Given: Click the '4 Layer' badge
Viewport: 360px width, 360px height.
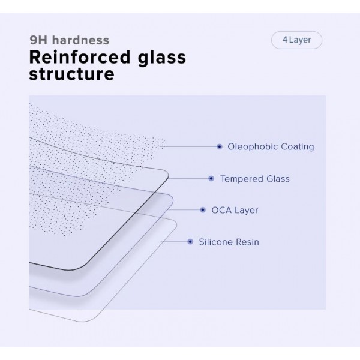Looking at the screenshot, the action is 296,40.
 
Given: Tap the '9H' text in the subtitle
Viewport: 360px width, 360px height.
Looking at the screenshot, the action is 38,40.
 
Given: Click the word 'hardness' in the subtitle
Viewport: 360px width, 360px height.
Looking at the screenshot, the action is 80,40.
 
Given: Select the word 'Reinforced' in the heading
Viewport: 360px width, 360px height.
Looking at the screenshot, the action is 80,57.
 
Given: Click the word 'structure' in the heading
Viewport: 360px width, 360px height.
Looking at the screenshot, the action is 71,74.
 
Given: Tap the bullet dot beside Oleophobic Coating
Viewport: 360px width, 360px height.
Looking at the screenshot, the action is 220,146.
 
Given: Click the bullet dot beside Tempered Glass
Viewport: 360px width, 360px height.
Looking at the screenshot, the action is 211,178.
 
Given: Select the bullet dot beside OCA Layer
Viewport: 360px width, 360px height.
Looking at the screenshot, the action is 203,210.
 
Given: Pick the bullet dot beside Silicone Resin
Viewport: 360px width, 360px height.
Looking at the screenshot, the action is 190,242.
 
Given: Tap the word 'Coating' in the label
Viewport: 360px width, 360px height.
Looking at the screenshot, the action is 298,147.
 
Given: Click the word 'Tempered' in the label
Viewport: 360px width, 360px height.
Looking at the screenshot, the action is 241,179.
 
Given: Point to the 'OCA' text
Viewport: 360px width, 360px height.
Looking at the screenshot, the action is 221,210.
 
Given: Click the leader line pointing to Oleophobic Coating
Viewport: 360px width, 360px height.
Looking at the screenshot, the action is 189,146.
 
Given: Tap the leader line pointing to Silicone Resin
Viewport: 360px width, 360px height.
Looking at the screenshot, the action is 175,242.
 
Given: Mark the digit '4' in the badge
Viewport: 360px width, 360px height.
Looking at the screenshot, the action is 285,40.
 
